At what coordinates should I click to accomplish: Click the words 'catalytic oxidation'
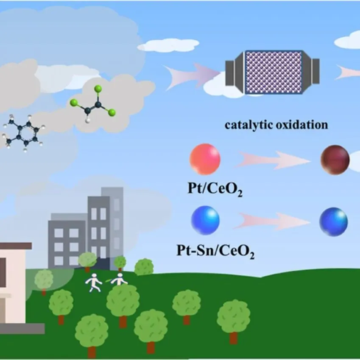276,125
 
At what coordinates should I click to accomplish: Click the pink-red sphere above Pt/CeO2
205,159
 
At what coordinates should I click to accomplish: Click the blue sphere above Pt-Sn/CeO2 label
206,219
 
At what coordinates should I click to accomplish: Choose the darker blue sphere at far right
334,221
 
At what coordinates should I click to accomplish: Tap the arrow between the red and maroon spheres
271,160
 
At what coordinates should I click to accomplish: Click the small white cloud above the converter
169,45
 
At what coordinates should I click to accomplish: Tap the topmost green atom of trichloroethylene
98,89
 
